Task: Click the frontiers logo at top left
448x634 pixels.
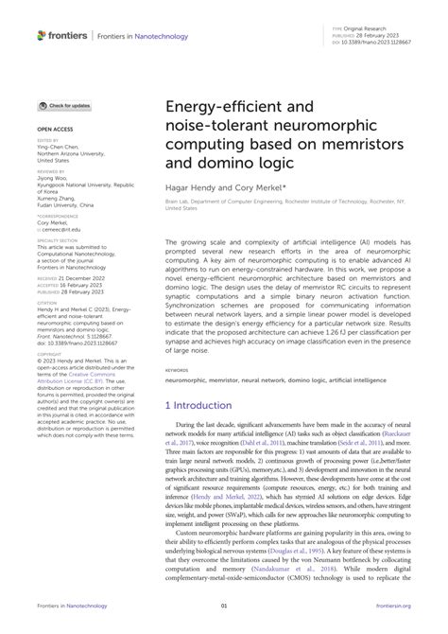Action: click(x=59, y=35)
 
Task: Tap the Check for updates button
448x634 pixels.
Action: click(x=64, y=106)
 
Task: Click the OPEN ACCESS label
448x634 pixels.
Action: click(x=55, y=126)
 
